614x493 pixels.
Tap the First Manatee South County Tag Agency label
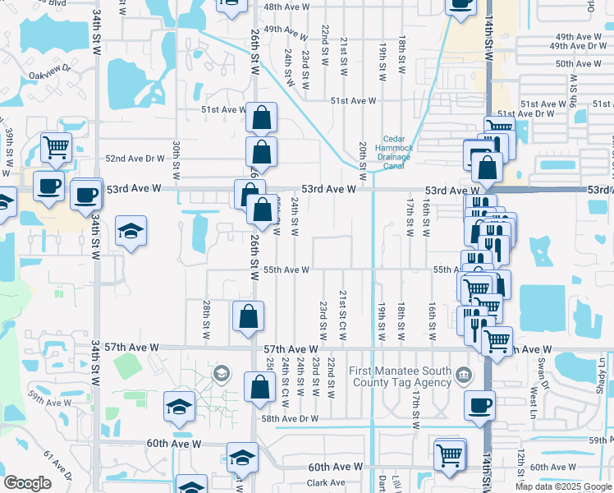(401, 376)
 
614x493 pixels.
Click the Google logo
(27, 483)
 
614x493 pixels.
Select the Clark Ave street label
(326, 482)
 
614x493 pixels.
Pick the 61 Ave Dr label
(58, 466)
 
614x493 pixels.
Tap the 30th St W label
(176, 159)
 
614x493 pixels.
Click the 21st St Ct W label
(342, 316)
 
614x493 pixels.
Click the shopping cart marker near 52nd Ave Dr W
(56, 148)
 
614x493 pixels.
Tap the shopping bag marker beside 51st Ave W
(260, 117)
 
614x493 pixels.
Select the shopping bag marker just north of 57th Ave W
(248, 317)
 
